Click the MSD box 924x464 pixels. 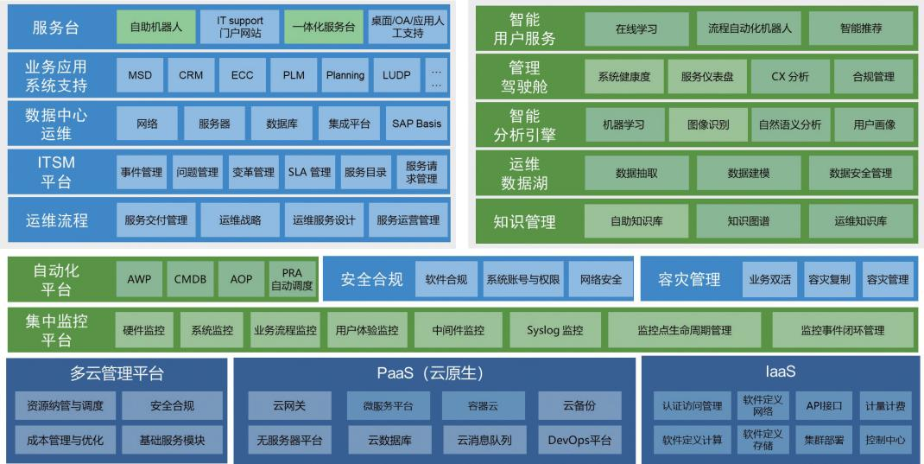140,75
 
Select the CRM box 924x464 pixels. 191,75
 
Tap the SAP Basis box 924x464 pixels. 416,124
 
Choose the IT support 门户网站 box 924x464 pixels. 240,27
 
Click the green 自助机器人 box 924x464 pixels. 155,27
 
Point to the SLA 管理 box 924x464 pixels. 309,172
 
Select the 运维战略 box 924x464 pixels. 240,220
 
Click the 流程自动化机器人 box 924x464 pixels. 749,29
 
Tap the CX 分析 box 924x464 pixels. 790,77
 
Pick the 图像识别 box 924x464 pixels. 708,124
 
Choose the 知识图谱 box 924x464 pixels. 749,221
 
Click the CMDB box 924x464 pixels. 190,279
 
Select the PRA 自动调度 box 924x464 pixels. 292,279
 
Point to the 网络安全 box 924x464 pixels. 600,279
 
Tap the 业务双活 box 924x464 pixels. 769,279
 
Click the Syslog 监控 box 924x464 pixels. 555,330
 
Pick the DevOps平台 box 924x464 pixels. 579,440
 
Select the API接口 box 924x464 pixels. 824,406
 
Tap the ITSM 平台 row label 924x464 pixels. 56,172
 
